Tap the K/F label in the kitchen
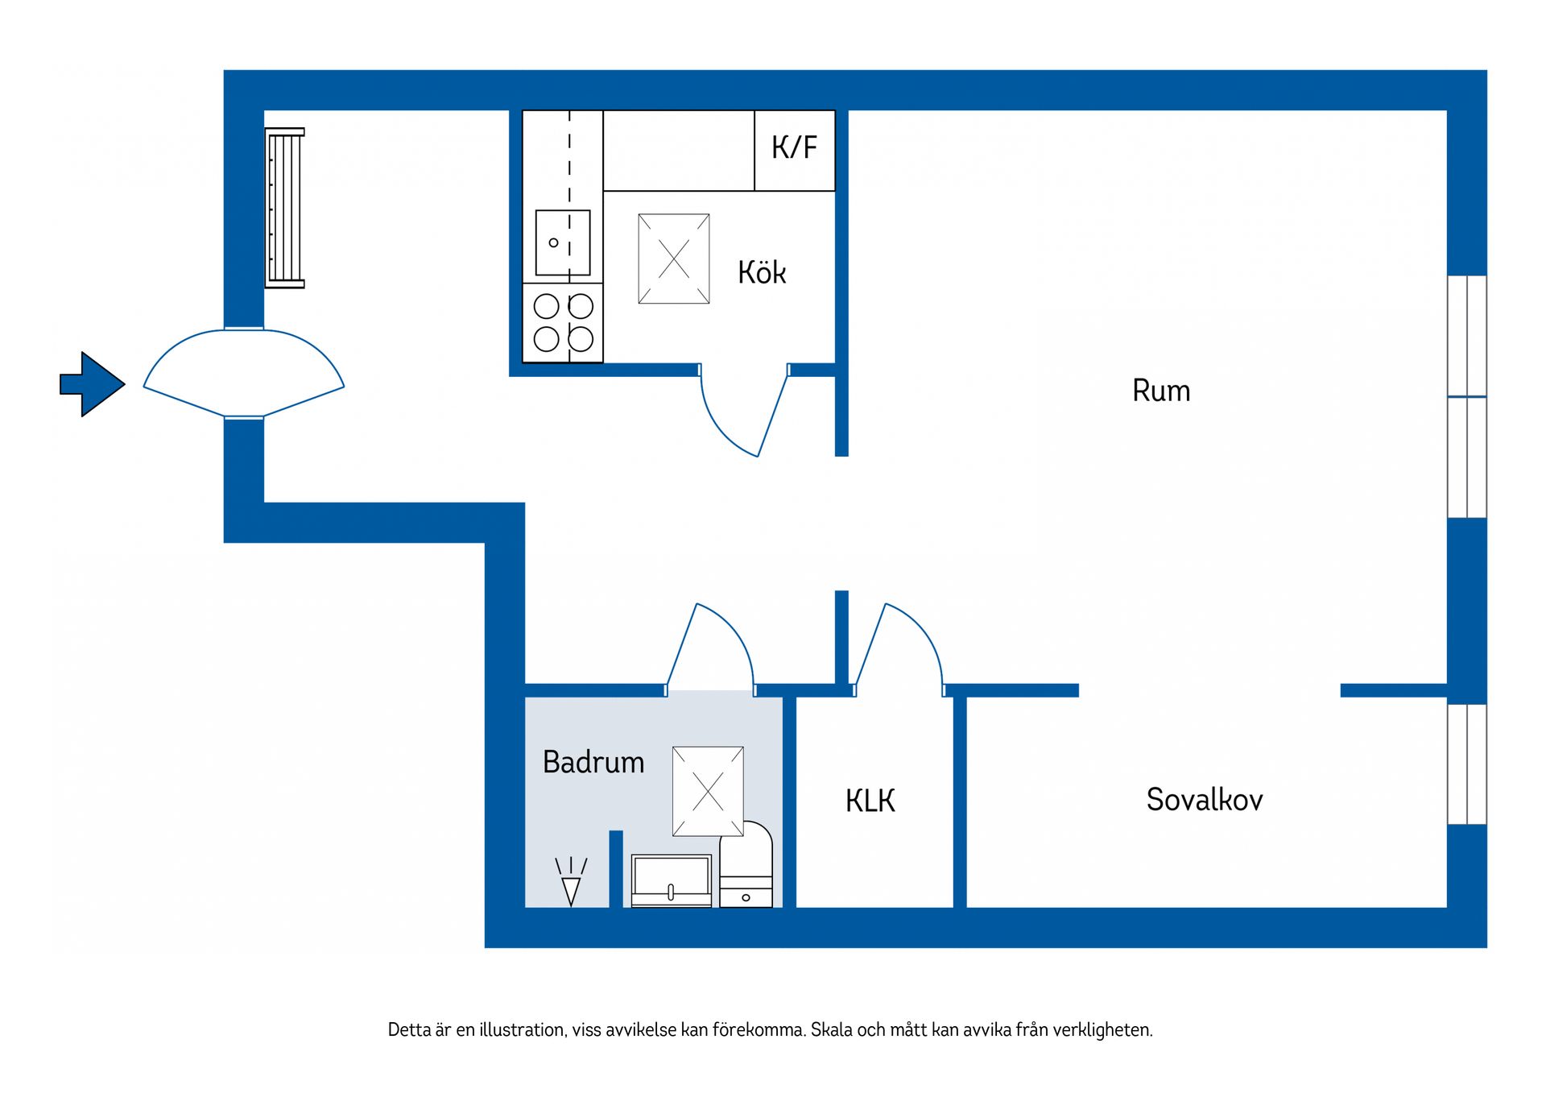(794, 147)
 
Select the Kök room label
(762, 272)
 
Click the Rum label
(1161, 391)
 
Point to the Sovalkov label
(1205, 800)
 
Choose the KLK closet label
(870, 801)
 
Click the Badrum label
(593, 762)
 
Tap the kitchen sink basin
(563, 243)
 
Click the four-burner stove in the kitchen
(563, 323)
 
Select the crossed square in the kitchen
(674, 259)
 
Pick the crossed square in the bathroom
(708, 792)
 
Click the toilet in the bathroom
(746, 864)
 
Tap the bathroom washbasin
(672, 880)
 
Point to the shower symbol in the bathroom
(571, 882)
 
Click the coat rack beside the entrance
(284, 208)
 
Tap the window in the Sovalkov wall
(1467, 764)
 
